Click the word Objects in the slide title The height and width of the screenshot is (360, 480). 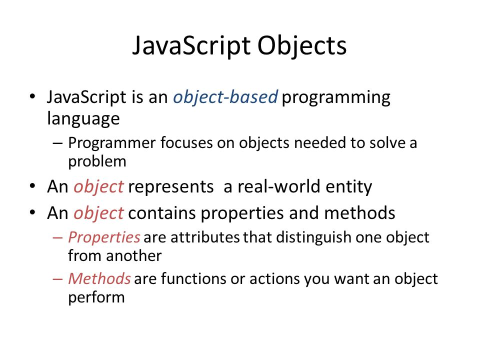[301, 46]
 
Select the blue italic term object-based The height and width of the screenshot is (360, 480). [225, 97]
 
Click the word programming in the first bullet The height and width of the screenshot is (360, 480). [336, 97]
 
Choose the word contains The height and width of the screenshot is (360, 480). [162, 213]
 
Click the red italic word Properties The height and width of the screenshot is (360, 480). [103, 237]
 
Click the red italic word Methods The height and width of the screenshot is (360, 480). [99, 278]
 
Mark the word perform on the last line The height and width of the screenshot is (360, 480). [96, 297]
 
